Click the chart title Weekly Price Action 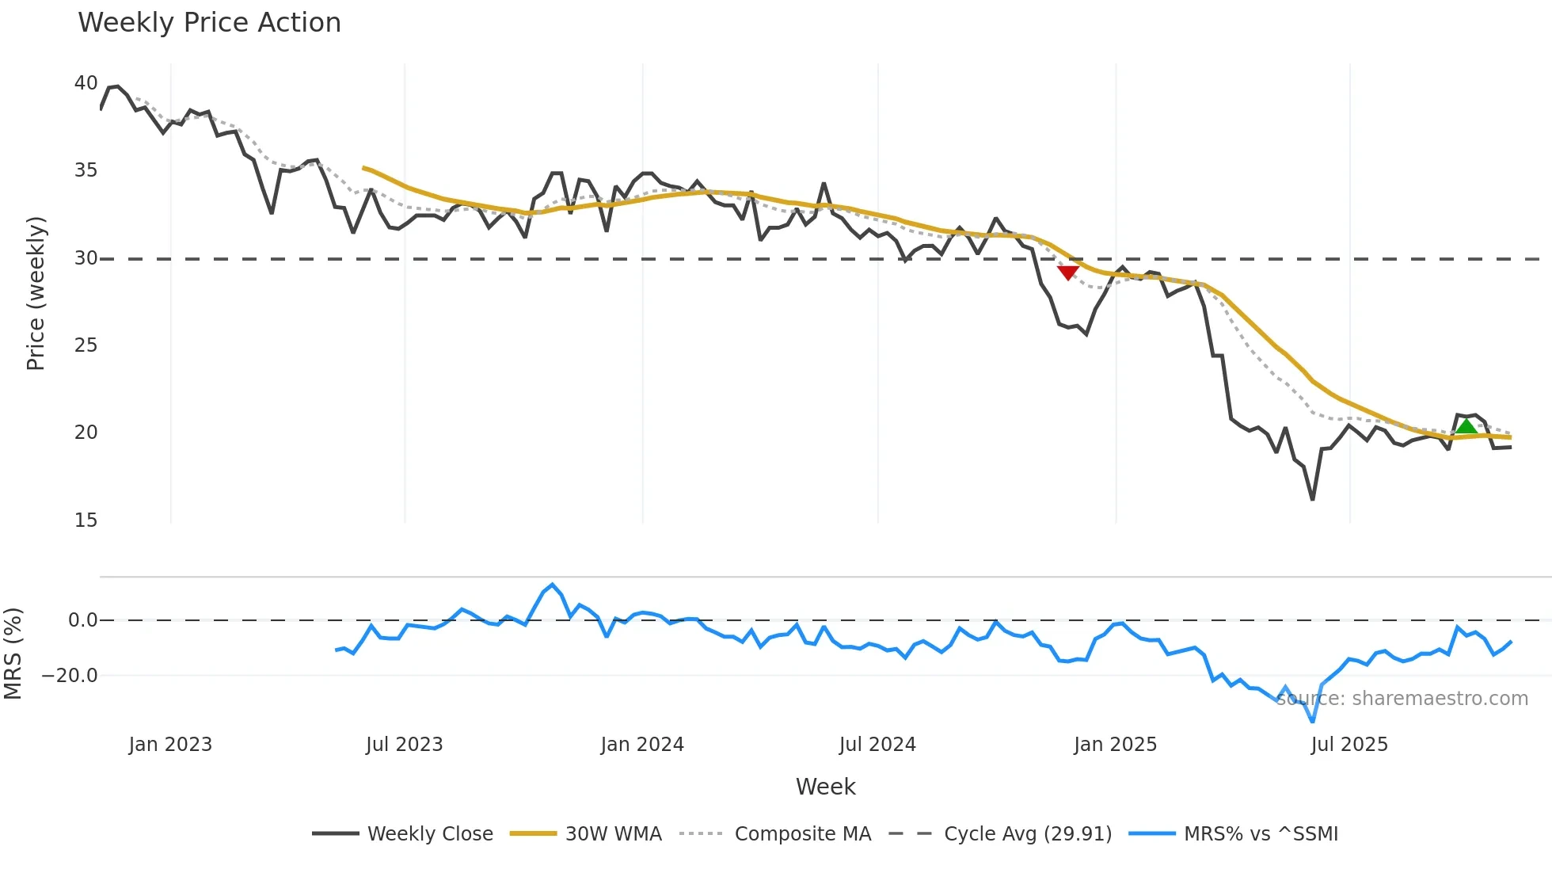209,23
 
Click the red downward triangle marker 1067,273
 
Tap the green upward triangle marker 1466,427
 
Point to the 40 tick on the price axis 86,83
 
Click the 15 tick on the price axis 86,520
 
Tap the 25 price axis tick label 86,345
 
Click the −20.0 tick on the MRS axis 70,676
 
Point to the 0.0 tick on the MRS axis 82,620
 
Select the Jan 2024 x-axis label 642,745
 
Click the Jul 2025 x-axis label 1349,745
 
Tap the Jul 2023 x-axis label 404,745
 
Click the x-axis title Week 825,787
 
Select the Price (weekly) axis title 36,293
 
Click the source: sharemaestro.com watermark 1402,699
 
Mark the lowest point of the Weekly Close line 1312,499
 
